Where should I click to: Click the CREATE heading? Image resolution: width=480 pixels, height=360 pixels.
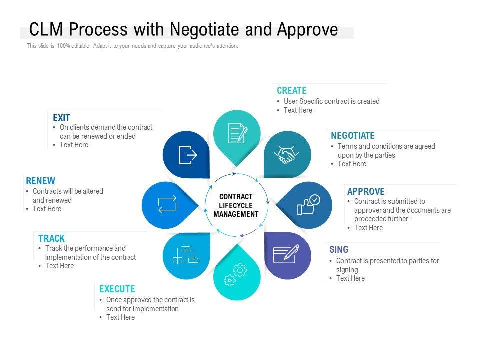[x=291, y=91]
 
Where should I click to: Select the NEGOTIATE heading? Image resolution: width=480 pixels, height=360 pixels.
[x=352, y=136]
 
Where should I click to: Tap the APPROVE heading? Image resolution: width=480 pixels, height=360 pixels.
[x=366, y=192]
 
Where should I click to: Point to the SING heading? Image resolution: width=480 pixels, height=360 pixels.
[x=339, y=250]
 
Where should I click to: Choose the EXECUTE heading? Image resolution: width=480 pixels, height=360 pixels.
[x=117, y=289]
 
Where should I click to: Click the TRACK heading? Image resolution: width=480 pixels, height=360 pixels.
[x=51, y=239]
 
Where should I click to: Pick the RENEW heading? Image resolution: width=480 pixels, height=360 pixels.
[x=40, y=181]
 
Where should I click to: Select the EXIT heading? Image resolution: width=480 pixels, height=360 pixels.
[x=61, y=118]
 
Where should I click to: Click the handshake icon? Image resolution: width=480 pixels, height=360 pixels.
[x=287, y=154]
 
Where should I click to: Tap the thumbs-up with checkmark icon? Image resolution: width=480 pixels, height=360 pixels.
[x=307, y=205]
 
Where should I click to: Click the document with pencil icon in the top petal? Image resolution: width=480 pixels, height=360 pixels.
[x=237, y=133]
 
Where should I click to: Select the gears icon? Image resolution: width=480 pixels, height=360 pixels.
[x=235, y=275]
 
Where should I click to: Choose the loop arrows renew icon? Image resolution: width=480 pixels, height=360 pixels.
[x=167, y=205]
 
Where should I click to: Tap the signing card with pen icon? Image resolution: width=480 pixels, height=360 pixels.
[x=286, y=254]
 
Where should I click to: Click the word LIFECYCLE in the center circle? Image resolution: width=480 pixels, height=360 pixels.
[x=236, y=206]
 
